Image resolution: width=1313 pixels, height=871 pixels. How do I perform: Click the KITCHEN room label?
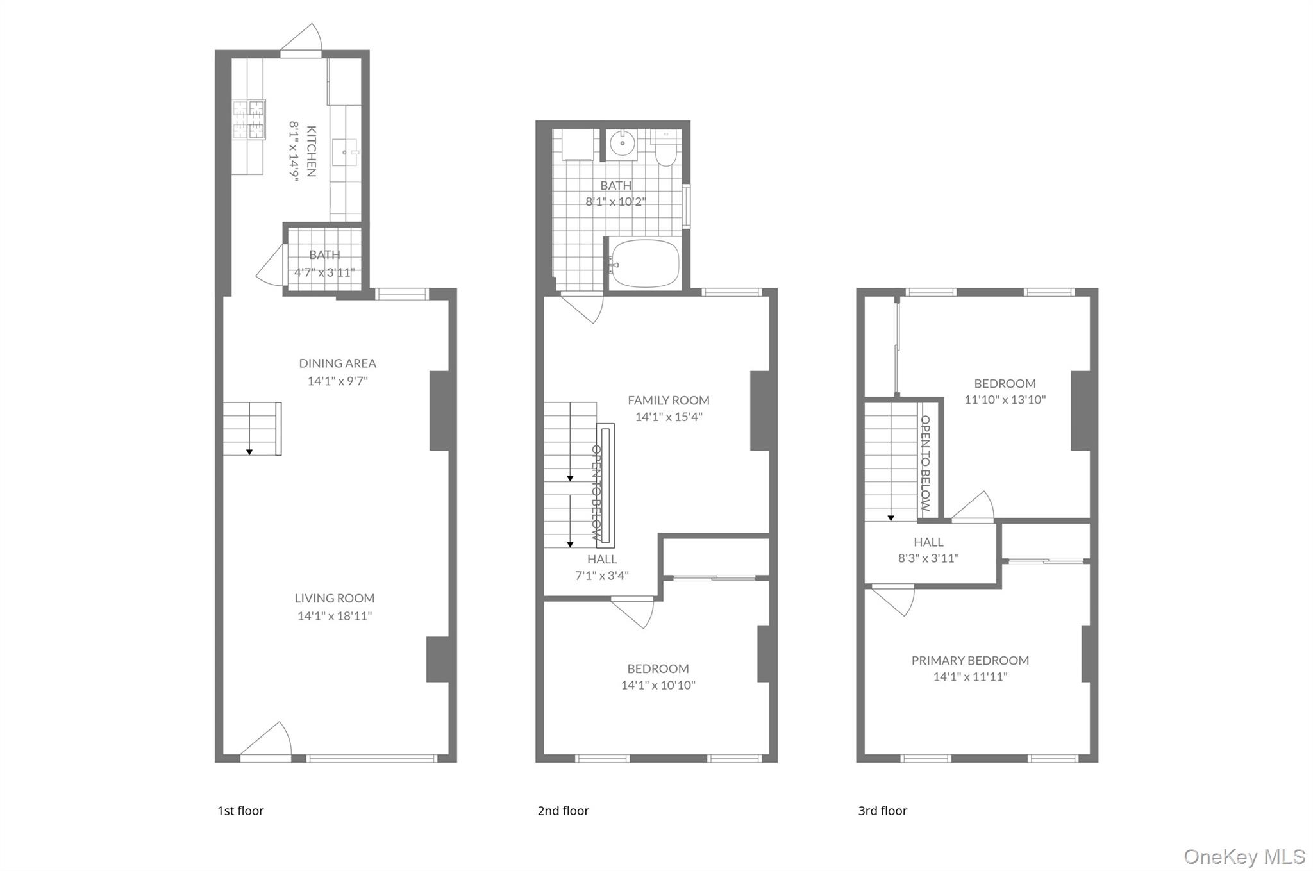coord(311,151)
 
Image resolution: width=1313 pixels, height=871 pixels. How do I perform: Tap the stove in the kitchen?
coord(249,120)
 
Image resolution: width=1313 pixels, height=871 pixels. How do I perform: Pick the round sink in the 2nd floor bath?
coord(622,144)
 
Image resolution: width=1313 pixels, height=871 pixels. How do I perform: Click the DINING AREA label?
coord(337,363)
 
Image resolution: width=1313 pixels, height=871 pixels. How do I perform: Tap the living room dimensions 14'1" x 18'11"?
coord(334,616)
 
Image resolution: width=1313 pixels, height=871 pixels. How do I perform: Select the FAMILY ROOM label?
coord(668,401)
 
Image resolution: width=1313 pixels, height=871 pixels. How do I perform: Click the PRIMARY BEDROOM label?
coord(970,660)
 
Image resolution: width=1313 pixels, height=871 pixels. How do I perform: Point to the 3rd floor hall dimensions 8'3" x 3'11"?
coord(928,558)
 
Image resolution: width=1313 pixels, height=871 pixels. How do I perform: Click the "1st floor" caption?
coord(240,811)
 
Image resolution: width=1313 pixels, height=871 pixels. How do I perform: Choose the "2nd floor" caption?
coord(563,811)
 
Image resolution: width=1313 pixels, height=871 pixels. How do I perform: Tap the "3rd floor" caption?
coord(882,811)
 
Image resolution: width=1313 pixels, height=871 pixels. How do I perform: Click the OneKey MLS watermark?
coord(1244,856)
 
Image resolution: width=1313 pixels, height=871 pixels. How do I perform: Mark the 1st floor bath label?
coord(324,255)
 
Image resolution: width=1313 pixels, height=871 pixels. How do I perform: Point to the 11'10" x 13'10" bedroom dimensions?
coord(1005,400)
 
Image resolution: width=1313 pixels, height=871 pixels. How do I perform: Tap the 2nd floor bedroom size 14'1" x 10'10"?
coord(658,685)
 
